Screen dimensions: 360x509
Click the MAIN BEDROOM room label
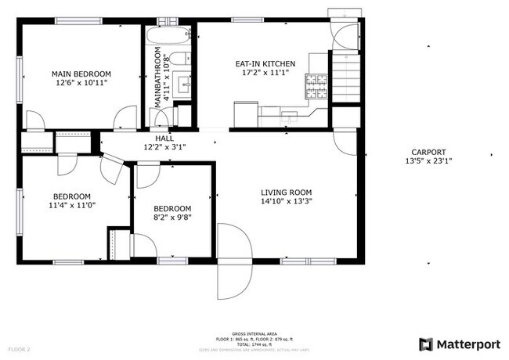tap(82, 73)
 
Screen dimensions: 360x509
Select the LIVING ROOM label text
tap(286, 193)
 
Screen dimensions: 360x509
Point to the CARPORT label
tap(428, 153)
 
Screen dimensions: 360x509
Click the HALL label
tap(164, 138)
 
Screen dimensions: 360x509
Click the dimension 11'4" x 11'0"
tap(72, 205)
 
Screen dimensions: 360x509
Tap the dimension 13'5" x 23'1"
tap(428, 161)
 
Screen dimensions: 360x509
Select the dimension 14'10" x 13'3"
tap(286, 201)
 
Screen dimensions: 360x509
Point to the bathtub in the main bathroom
tap(168, 35)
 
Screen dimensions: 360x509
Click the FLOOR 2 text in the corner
tap(19, 348)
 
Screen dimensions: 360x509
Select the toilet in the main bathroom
tap(178, 58)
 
